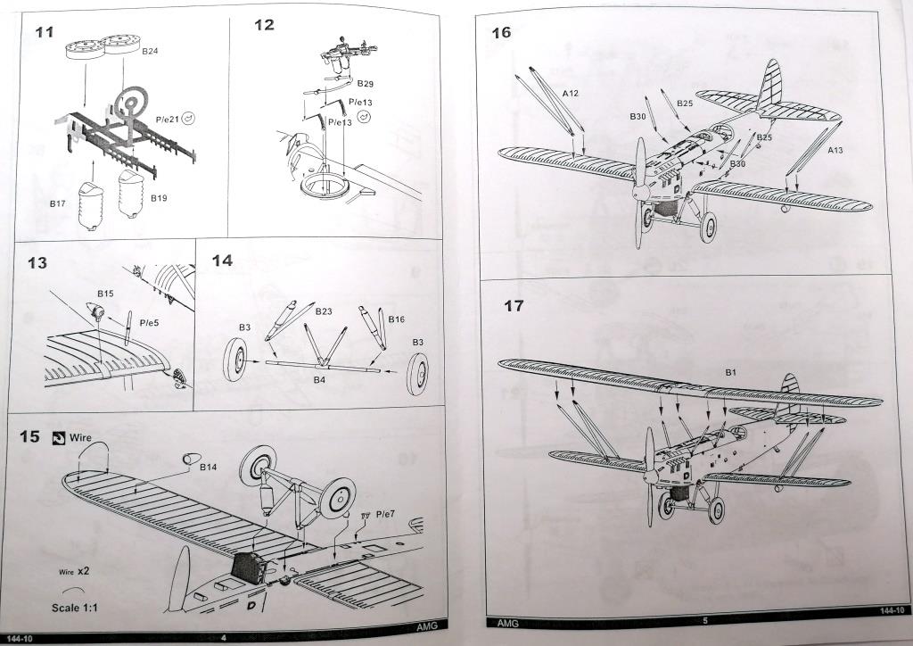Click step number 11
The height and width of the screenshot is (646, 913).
click(x=45, y=32)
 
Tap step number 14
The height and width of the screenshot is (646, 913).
click(x=222, y=261)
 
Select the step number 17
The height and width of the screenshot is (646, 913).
click(x=514, y=306)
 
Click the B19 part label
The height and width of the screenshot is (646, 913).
click(x=159, y=197)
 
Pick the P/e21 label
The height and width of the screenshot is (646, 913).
click(x=167, y=118)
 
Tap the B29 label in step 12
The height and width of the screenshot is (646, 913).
click(x=366, y=83)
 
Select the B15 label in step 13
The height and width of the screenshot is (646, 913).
click(x=105, y=293)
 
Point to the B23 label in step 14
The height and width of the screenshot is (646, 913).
click(x=323, y=311)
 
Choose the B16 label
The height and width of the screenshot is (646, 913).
click(x=397, y=319)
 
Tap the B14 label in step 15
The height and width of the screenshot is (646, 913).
click(x=209, y=467)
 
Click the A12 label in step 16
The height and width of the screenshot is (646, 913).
click(x=571, y=94)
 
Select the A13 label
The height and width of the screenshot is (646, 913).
click(x=835, y=151)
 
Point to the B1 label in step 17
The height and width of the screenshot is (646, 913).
click(x=729, y=371)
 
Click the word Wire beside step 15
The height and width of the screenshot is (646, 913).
click(x=82, y=437)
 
